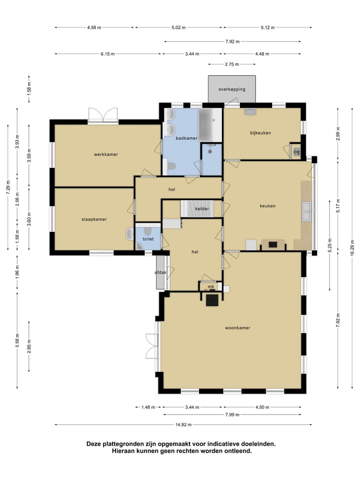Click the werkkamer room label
106,154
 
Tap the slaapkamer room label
94,219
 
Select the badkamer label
186,138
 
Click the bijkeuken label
260,133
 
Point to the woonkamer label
238,328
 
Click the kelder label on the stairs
202,209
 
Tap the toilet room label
148,239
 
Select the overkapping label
232,89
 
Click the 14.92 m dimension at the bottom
183,424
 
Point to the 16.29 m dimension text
352,247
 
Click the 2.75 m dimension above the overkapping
231,64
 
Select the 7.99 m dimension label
232,414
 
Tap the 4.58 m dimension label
94,27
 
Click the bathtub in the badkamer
205,124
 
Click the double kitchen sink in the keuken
306,211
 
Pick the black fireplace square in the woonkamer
212,300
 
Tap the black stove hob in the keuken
273,244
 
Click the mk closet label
211,286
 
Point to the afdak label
160,272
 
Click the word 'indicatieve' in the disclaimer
224,444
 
